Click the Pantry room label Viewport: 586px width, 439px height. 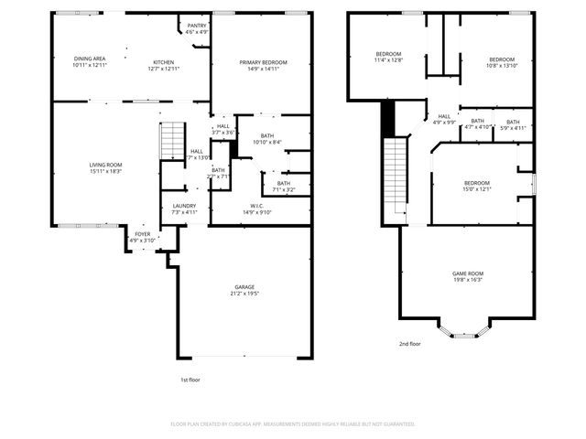[197, 26]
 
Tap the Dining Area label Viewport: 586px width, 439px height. [90, 59]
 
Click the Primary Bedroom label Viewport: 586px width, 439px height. [263, 62]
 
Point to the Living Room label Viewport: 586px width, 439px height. [106, 165]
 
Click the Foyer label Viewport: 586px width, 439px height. [143, 234]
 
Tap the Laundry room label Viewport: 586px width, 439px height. [184, 206]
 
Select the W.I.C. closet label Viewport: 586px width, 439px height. [257, 206]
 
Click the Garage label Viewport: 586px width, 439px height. [244, 287]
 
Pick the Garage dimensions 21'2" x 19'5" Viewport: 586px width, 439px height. [244, 294]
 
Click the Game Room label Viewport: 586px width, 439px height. [468, 273]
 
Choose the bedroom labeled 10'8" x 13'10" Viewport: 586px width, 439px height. [501, 63]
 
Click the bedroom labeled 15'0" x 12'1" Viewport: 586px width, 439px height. [476, 186]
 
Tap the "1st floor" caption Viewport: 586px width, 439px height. [190, 379]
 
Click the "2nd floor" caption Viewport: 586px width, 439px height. [409, 344]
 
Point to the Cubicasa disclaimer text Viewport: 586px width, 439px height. [293, 424]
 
